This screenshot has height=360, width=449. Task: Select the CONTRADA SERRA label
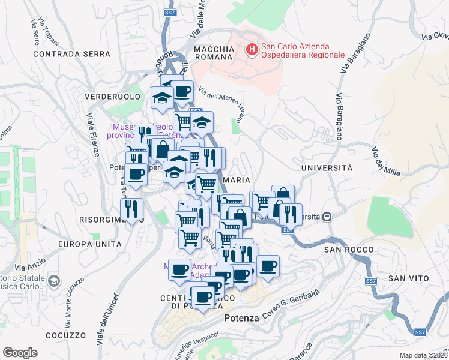(x=72, y=53)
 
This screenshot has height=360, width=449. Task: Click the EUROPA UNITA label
(x=90, y=244)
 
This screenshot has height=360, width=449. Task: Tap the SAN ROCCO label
(x=348, y=249)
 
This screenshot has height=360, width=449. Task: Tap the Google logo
(x=20, y=353)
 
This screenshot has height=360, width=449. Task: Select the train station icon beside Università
(x=327, y=217)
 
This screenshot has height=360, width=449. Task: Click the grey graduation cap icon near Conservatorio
(x=54, y=281)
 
